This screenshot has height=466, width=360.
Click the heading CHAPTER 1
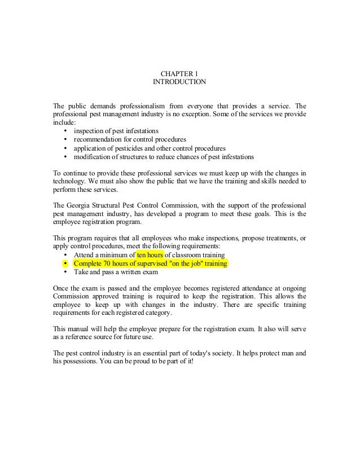point(179,73)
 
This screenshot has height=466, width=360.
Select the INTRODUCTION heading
point(179,82)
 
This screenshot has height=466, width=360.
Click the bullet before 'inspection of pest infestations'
point(67,131)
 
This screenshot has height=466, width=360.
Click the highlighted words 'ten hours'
point(150,254)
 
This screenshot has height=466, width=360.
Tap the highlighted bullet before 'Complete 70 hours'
point(67,263)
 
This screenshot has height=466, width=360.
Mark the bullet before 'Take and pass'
point(67,272)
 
